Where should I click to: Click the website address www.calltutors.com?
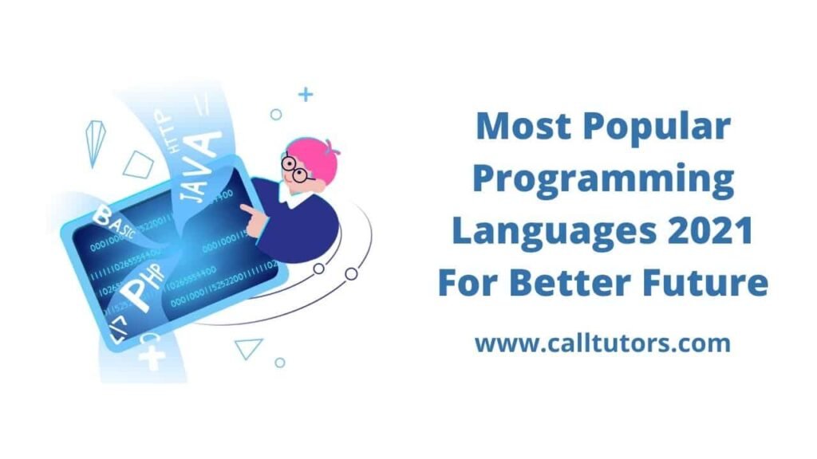[x=602, y=343]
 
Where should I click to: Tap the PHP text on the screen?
[x=144, y=285]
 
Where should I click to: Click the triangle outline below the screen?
[x=249, y=347]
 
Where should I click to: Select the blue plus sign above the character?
[x=305, y=95]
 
